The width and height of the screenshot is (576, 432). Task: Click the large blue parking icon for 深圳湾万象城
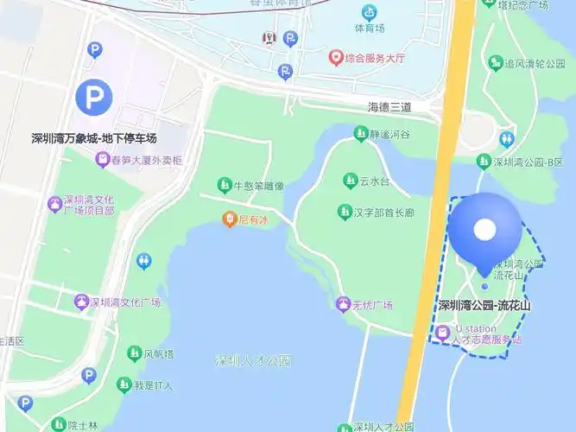point(93,97)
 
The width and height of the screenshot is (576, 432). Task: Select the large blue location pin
point(485,232)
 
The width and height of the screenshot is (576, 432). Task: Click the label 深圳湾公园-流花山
point(484,305)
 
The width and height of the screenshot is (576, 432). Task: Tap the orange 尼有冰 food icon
point(229,219)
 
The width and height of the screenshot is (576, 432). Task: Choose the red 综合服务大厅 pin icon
point(336,58)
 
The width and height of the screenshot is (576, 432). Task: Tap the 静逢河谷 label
point(389,134)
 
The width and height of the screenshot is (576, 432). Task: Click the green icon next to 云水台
point(350,181)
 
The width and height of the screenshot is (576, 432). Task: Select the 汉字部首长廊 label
point(384,212)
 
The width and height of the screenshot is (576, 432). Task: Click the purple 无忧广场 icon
point(344,305)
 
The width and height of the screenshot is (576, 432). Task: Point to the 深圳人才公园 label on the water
point(254,360)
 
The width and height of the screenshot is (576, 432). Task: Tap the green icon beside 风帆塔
point(134,353)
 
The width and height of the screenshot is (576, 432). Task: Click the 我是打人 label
point(158,384)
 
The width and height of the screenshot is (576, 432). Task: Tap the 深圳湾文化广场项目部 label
point(89,204)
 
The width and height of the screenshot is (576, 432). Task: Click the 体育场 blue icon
point(370,13)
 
